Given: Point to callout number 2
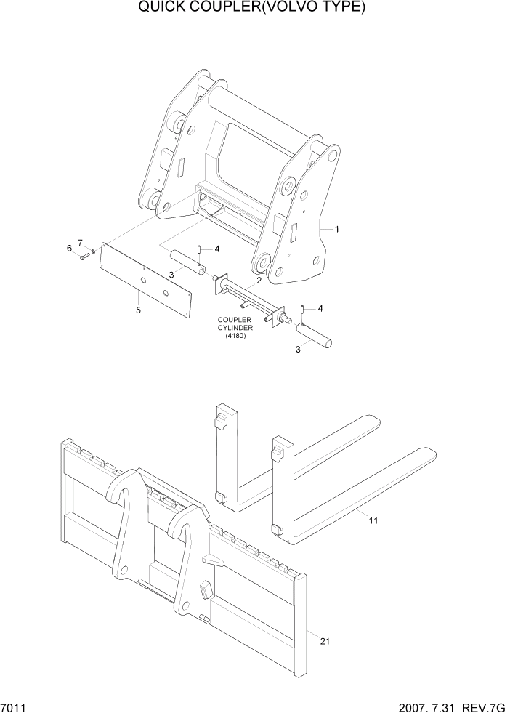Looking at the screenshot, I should (x=258, y=281).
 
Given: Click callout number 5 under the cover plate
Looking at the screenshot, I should (x=139, y=310).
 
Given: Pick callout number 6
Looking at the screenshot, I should (x=70, y=249).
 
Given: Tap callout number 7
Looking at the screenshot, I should (x=81, y=242).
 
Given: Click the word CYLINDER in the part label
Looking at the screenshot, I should (x=235, y=327).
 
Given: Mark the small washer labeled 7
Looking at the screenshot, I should (x=94, y=251).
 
